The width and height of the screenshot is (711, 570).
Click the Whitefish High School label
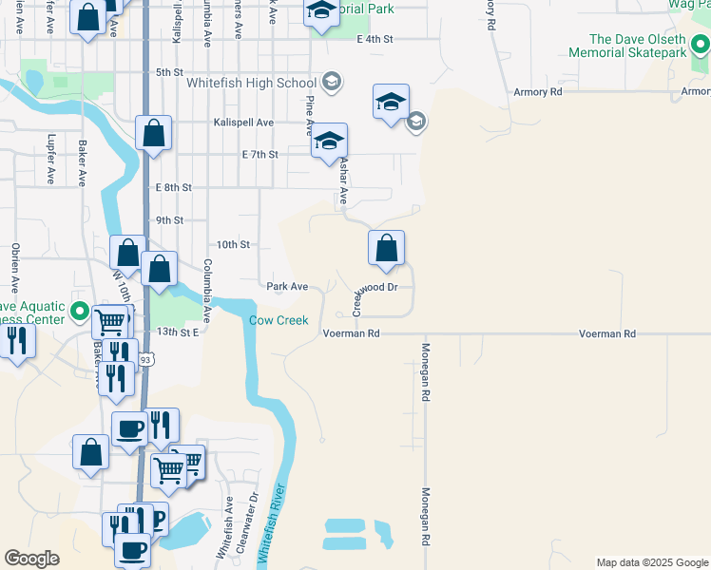[252, 83]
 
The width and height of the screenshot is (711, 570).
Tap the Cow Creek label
[279, 320]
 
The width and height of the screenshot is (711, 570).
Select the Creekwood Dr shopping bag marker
[386, 250]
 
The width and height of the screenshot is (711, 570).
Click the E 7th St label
[260, 154]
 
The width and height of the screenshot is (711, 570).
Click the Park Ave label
[287, 286]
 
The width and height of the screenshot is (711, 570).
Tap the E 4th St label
[375, 39]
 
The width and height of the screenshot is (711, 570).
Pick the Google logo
[32, 559]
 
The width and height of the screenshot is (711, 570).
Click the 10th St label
[232, 244]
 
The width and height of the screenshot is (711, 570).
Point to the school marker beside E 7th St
[329, 142]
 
